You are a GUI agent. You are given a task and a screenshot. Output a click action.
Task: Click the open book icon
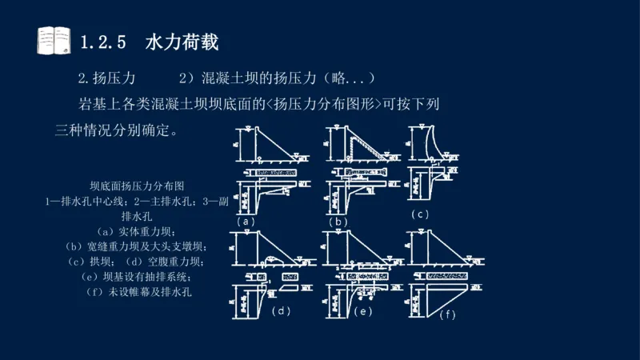54,40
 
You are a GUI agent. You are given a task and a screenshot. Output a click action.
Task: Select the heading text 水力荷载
182,42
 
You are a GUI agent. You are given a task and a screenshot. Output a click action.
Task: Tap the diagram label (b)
339,221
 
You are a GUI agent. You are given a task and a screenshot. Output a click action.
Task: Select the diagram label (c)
421,214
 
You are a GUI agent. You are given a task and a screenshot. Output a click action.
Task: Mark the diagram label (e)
363,311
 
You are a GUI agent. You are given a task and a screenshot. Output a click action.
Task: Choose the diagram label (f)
446,314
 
